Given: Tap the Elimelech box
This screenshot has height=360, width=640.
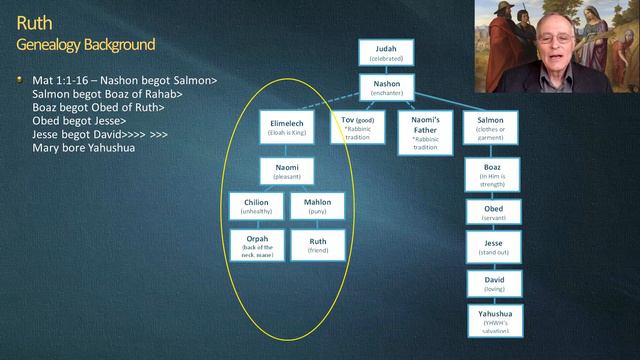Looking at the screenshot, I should [x=288, y=127].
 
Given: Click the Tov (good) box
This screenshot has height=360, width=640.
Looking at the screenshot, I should [x=357, y=132].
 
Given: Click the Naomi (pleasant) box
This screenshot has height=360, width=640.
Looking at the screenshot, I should [x=288, y=171].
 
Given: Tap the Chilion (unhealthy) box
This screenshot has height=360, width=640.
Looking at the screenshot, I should [x=257, y=207].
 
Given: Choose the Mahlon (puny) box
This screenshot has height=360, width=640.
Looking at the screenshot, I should [x=318, y=207].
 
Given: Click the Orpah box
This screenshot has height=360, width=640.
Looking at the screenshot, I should [x=257, y=246].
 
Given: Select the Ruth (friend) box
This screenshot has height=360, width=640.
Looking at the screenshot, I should [x=318, y=245].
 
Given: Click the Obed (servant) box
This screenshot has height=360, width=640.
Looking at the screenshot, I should [x=492, y=213].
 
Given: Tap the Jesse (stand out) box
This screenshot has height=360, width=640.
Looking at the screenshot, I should [x=492, y=249].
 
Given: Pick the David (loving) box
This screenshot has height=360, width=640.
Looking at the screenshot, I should [x=492, y=285].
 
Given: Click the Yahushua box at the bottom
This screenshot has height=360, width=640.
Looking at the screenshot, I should [x=492, y=319].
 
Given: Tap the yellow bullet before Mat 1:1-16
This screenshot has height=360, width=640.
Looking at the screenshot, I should [x=19, y=79].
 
